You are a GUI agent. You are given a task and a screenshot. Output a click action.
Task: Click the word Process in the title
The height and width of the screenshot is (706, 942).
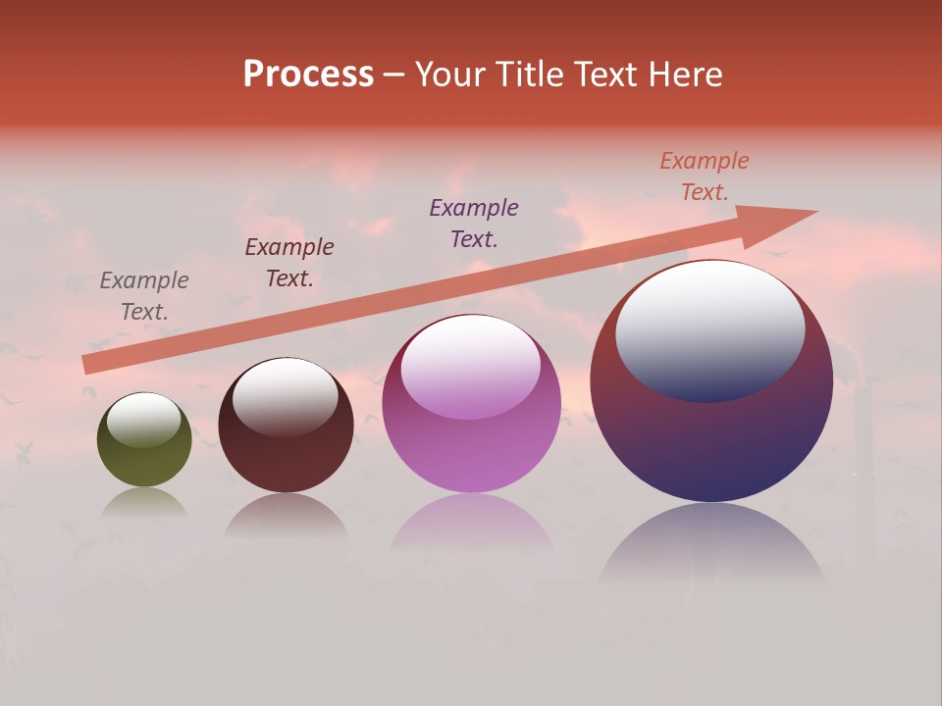point(308,75)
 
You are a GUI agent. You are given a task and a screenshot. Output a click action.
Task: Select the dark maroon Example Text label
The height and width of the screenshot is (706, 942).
point(289,263)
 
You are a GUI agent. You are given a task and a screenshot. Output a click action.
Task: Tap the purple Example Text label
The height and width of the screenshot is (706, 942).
point(474,223)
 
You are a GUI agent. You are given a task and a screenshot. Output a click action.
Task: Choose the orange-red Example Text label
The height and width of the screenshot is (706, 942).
point(705,176)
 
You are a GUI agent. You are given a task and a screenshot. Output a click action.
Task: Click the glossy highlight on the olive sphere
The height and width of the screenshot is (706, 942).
point(144,420)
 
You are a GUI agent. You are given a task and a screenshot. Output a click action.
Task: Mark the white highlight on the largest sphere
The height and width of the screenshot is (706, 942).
point(709,328)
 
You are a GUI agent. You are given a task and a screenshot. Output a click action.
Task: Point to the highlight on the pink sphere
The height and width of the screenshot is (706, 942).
point(470,367)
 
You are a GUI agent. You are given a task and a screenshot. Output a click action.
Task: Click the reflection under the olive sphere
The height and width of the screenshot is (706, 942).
point(144,503)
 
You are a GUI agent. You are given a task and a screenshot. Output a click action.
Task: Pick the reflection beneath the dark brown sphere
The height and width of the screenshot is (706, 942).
point(286,516)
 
